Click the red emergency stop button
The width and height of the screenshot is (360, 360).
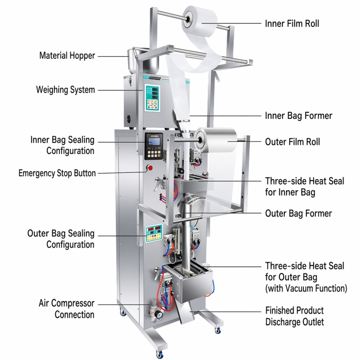tap(150, 168)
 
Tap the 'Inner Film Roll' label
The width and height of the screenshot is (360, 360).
tap(292, 23)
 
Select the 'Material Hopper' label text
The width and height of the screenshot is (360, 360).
tap(67, 55)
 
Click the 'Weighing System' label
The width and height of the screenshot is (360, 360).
tap(65, 90)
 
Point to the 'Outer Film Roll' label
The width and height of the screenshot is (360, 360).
tap(292, 142)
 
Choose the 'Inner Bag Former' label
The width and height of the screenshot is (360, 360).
tap(298, 116)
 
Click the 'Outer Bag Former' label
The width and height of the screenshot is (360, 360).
tap(298, 213)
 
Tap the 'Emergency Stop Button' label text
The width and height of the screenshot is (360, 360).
tap(57, 173)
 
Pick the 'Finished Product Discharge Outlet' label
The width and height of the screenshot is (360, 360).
tap(295, 316)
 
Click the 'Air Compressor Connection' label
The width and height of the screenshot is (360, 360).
tap(67, 309)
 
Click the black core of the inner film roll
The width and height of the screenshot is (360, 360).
tap(187, 19)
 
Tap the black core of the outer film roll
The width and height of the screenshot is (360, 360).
tap(200, 139)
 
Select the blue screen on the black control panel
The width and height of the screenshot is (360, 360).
tap(154, 142)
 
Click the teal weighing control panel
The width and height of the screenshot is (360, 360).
tap(152, 98)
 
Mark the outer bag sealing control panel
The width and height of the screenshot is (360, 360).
tap(154, 234)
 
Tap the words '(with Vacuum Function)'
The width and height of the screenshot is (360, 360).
tap(306, 288)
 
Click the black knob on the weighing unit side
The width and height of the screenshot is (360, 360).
tap(129, 119)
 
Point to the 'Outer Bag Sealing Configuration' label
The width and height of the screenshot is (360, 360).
tap(61, 239)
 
